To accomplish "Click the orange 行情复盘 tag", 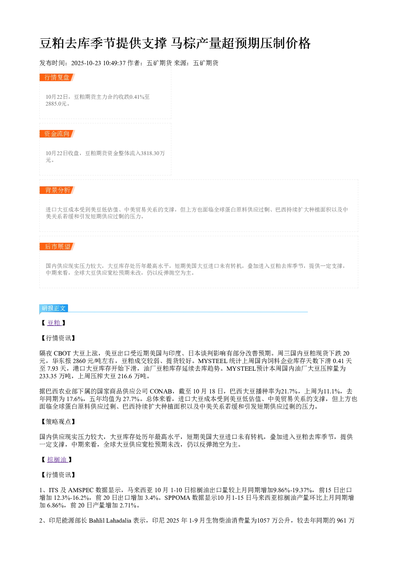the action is (57, 78).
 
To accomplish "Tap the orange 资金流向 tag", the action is (57, 134).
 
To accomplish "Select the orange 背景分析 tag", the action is (57, 190).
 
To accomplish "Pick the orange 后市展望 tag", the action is (57, 246).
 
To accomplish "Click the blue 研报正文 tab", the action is (54, 308).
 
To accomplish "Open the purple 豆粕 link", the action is (54, 323).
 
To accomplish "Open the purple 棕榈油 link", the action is (57, 459).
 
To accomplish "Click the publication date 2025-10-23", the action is (86, 63).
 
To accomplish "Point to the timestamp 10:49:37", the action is (114, 63).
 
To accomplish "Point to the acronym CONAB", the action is (160, 391).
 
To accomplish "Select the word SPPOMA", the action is (177, 498).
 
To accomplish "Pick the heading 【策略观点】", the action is (58, 422).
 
